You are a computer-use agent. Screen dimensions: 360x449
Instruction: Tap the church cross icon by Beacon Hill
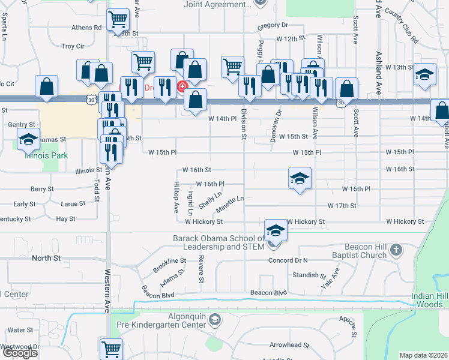[x=396, y=250]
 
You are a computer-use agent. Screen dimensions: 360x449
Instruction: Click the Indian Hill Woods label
[x=429, y=300]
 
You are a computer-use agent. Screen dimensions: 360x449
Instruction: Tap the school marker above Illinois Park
[x=28, y=139]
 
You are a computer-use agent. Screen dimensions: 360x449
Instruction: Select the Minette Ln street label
[x=231, y=202]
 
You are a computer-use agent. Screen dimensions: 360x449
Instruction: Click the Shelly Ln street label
[x=210, y=200]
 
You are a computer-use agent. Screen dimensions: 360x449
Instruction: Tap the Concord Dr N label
[x=288, y=260]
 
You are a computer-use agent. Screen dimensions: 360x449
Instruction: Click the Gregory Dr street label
[x=273, y=26]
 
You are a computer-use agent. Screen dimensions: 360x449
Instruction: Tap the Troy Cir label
[x=73, y=46]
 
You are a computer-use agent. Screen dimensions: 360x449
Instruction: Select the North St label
[x=46, y=258]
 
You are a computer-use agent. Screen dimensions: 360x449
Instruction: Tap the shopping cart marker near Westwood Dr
[x=112, y=348]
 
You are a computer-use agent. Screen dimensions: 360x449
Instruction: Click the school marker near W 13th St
[x=424, y=75]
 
